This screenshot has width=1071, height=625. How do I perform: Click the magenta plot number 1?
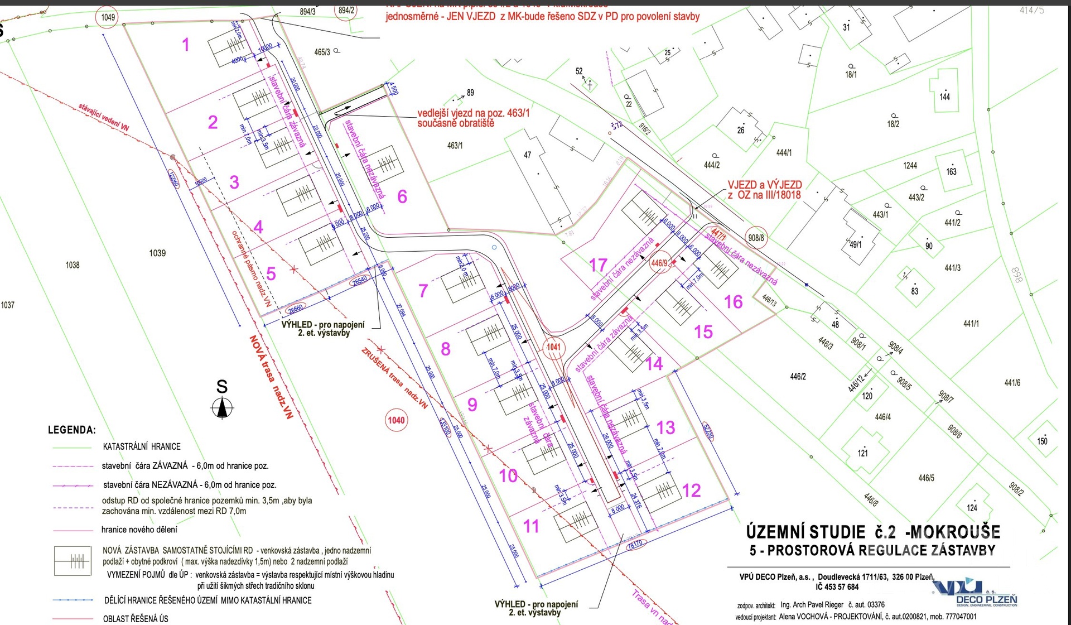[186, 45]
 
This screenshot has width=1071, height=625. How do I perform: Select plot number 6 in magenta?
[402, 196]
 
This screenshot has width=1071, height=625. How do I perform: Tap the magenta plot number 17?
[598, 265]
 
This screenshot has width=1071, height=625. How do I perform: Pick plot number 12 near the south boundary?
[691, 491]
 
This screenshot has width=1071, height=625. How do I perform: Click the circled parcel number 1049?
[108, 17]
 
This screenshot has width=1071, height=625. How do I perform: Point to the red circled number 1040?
[396, 420]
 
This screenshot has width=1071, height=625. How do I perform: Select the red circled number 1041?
[553, 347]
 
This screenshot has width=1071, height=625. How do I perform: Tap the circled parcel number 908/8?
[756, 238]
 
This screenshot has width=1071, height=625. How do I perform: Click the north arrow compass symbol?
[222, 408]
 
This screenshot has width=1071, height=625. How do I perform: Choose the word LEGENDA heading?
[72, 430]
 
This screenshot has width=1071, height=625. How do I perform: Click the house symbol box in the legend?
[73, 561]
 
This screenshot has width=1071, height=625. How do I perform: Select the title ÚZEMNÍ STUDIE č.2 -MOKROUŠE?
[873, 532]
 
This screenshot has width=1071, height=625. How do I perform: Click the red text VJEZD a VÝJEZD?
[764, 185]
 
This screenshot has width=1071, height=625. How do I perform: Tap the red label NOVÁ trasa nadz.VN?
[271, 376]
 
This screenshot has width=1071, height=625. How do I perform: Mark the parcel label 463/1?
[455, 146]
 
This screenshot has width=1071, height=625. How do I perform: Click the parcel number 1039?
[157, 253]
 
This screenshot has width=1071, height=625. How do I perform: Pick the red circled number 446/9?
[659, 263]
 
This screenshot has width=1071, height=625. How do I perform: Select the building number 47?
[527, 155]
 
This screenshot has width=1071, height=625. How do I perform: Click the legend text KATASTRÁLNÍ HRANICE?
[142, 447]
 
